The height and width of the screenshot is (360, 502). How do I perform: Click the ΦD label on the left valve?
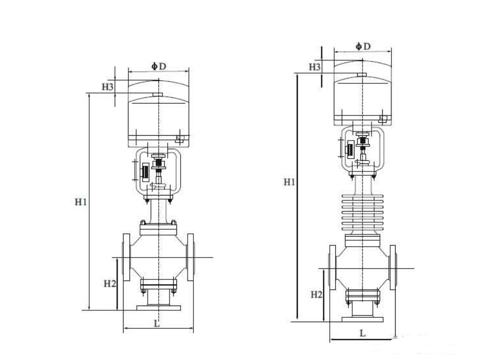click(159, 66)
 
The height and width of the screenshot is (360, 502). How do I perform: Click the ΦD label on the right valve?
click(363, 46)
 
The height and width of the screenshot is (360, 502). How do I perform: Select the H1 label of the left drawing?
click(80, 202)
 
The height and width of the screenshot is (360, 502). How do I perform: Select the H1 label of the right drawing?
click(289, 182)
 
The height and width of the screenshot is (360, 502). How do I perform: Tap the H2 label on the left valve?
click(109, 284)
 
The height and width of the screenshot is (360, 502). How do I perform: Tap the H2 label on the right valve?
click(316, 294)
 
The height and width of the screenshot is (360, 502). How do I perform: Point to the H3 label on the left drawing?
click(108, 87)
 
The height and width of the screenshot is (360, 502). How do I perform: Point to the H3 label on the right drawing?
click(315, 67)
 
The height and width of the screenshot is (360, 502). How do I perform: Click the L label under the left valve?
click(156, 323)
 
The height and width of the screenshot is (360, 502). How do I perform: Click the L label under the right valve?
click(362, 333)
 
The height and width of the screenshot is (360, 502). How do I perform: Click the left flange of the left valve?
click(127, 257)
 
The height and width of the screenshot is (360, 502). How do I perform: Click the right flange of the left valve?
click(191, 257)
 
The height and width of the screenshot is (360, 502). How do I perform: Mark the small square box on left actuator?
click(180, 140)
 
